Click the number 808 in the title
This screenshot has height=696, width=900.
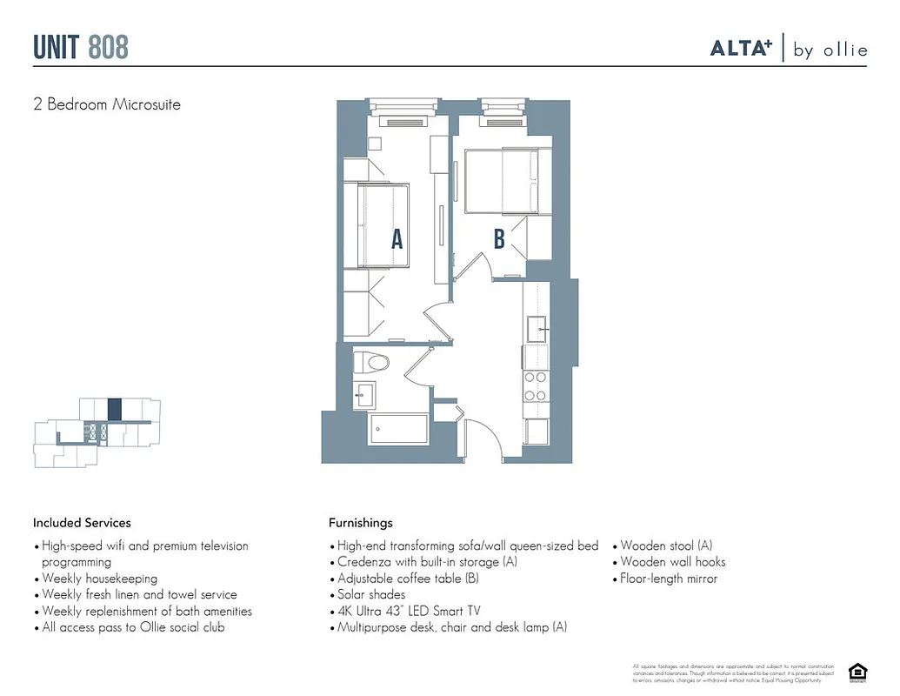[x=108, y=47]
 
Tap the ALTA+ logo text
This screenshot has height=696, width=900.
[x=741, y=49]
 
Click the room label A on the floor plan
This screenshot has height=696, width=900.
[x=397, y=239]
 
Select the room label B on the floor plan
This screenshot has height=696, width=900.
[x=499, y=239]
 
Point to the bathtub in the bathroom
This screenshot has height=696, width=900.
[x=399, y=429]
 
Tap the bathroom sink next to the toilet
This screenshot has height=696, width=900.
[x=363, y=394]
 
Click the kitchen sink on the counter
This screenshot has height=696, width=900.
[x=537, y=327]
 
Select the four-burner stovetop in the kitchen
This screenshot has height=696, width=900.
[x=536, y=385]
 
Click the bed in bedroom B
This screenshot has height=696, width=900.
[x=502, y=181]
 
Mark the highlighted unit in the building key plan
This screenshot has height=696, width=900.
[x=113, y=409]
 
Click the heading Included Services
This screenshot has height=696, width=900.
[x=82, y=523]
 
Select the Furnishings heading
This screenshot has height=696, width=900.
[x=360, y=523]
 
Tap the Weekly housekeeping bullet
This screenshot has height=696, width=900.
[x=99, y=579]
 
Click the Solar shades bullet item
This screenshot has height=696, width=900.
[x=370, y=595]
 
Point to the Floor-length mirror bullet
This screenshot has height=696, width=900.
[x=669, y=579]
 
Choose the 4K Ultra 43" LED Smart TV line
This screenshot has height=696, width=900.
[x=408, y=611]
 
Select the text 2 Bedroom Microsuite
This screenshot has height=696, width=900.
[x=106, y=104]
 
